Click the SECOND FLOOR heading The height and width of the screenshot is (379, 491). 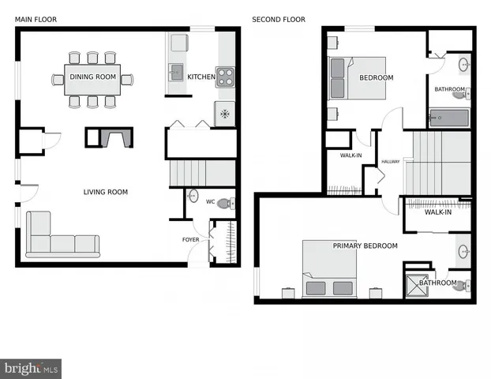[x=279, y=20]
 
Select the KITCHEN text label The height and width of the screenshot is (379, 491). [x=201, y=77]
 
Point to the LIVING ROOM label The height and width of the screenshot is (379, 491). [x=106, y=192]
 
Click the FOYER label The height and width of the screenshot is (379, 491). [x=191, y=239]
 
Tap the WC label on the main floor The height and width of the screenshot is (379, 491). [x=211, y=202]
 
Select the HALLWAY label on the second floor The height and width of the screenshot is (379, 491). [x=391, y=162]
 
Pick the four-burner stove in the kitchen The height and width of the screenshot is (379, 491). [x=225, y=77]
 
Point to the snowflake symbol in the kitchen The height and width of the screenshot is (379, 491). [x=225, y=114]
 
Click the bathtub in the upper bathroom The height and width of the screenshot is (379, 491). [x=448, y=120]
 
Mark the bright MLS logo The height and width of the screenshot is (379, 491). [x=31, y=368]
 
